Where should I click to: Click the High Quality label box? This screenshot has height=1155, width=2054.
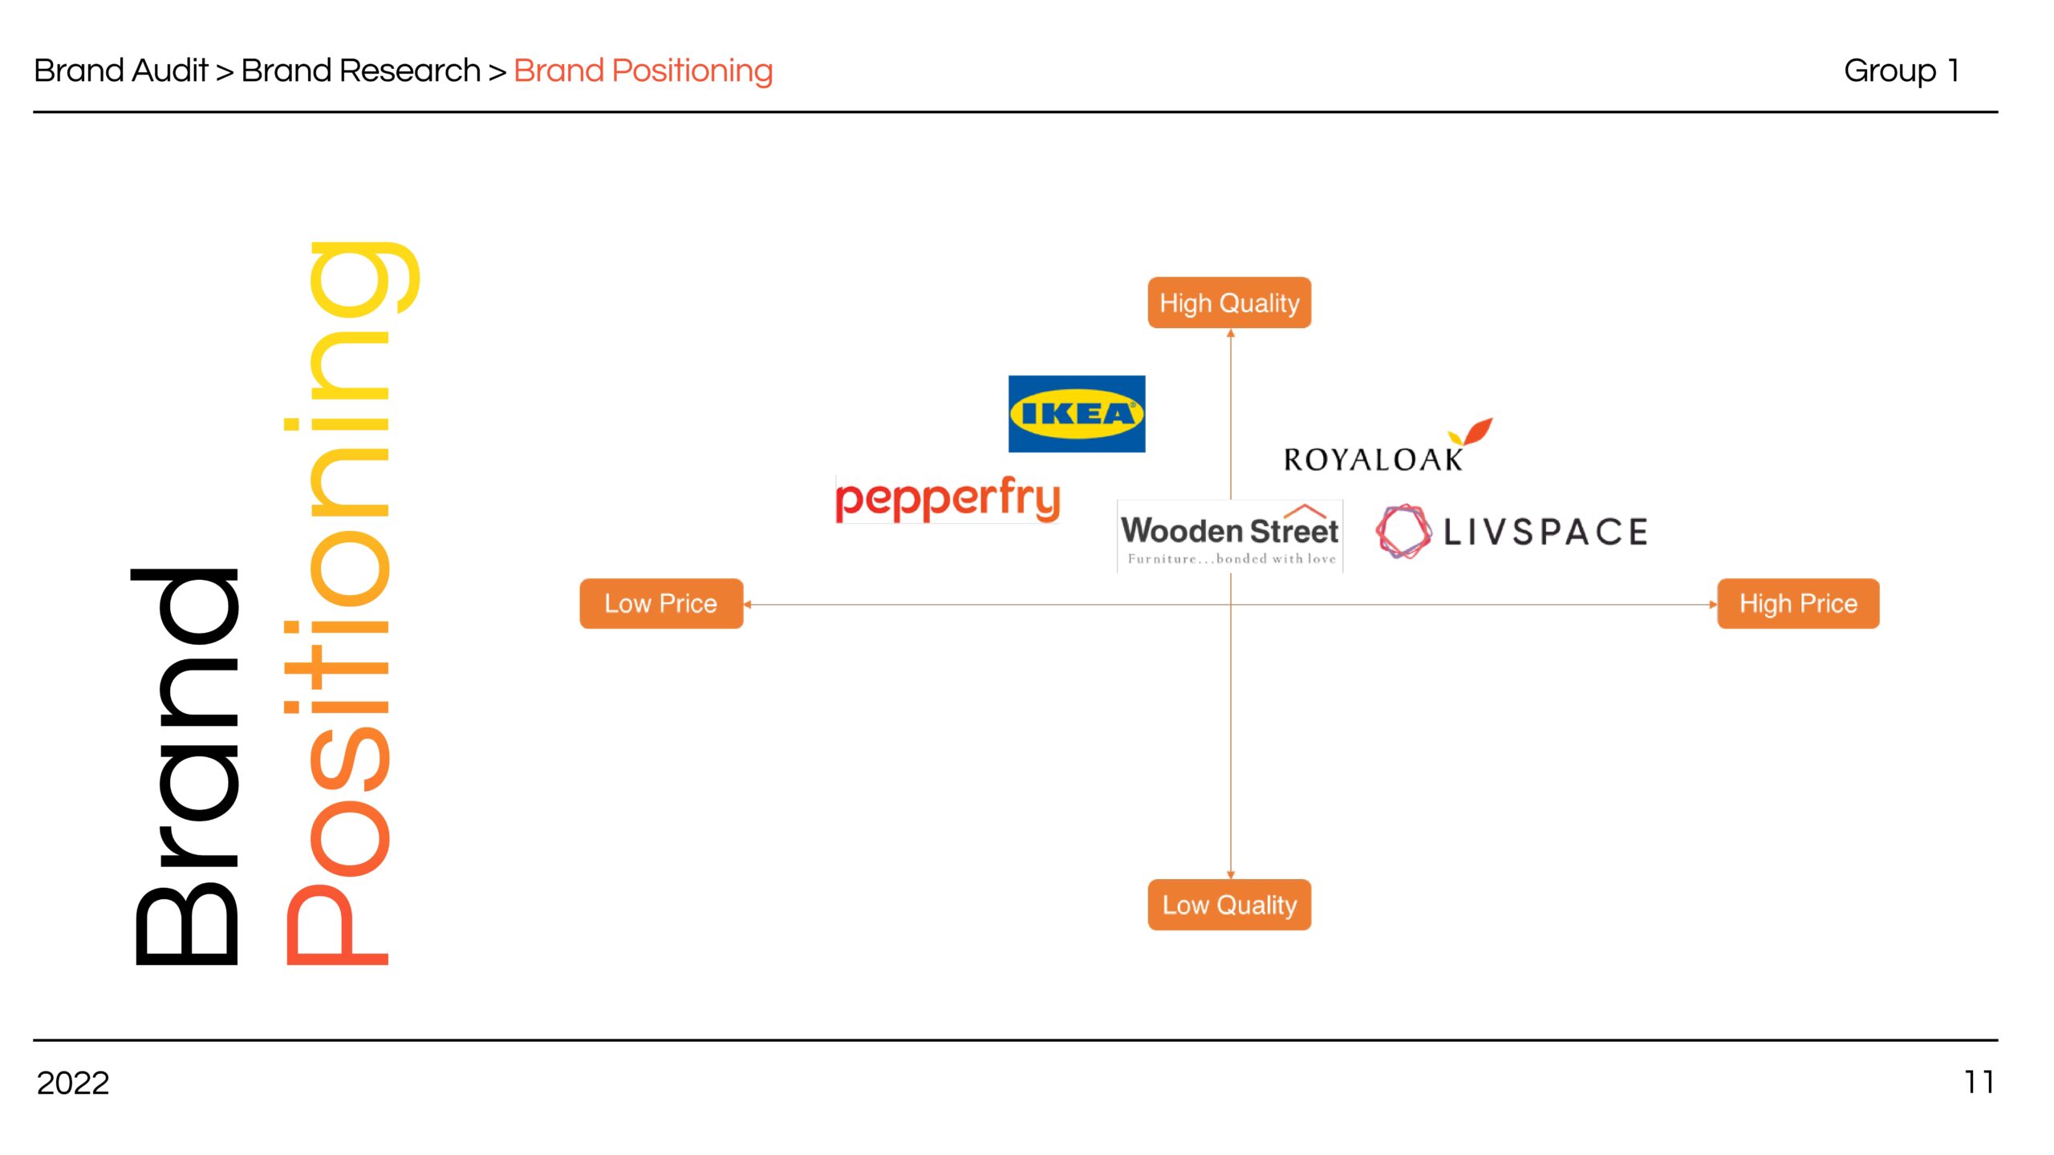[1229, 302]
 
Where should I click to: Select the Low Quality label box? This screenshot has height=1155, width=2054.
[1229, 905]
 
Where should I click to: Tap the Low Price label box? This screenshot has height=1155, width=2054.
[661, 603]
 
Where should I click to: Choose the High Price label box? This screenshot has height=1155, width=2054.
[1798, 603]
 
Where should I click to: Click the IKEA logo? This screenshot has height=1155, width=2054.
[1077, 414]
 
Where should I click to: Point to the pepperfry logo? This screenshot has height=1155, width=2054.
[948, 499]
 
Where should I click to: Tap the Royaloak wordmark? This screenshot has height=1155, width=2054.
[1373, 460]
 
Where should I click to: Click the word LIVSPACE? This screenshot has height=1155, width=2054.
[1545, 532]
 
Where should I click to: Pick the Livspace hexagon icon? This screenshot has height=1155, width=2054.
[1403, 531]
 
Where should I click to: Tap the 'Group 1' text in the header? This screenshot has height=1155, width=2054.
[1902, 71]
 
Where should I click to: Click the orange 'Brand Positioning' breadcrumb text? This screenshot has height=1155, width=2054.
[643, 71]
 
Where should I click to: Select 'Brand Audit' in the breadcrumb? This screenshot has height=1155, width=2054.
[121, 71]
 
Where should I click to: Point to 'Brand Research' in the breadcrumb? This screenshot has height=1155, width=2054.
[361, 71]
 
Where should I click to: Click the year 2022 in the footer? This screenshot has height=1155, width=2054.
[73, 1083]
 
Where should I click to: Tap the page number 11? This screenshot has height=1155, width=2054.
[1979, 1082]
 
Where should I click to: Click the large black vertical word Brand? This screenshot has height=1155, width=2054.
[186, 766]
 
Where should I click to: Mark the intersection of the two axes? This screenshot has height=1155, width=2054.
[1231, 604]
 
